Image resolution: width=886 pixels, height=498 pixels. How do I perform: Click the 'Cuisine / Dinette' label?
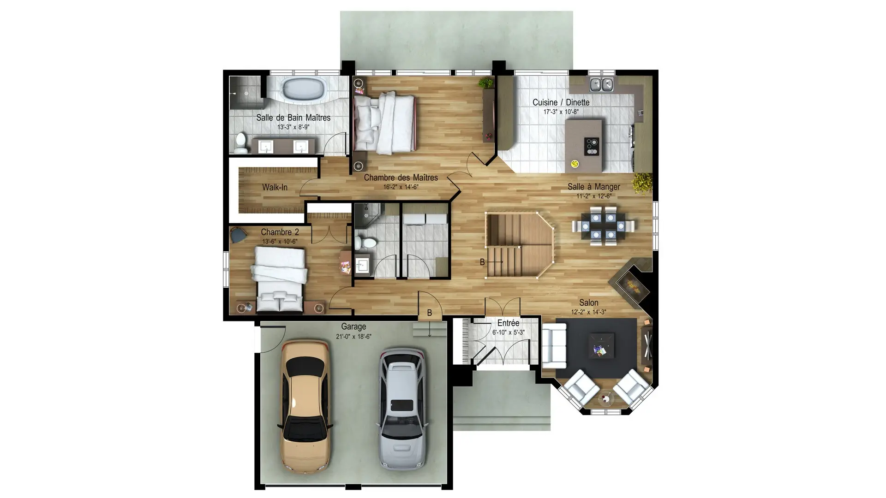(x=561, y=102)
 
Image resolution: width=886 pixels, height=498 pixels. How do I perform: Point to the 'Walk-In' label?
(x=275, y=187)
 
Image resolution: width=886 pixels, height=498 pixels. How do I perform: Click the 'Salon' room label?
(x=588, y=302)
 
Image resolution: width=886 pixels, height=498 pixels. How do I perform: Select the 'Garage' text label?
(x=353, y=326)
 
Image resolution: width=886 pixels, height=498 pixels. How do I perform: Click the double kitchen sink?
(x=601, y=84)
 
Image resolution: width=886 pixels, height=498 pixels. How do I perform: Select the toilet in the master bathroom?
(x=240, y=142)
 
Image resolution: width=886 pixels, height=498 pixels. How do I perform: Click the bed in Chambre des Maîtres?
(x=384, y=123)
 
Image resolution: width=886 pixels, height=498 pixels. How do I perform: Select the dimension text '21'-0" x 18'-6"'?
(x=353, y=337)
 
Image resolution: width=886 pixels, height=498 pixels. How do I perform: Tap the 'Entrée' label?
(x=508, y=323)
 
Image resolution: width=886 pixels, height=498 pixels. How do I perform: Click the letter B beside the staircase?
(x=482, y=262)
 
